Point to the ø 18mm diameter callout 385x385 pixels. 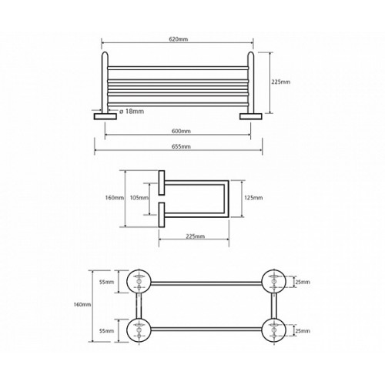click(x=132, y=112)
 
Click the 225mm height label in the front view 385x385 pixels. click(x=281, y=82)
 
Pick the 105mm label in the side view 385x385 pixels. click(x=139, y=198)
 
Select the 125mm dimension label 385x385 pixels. click(x=253, y=198)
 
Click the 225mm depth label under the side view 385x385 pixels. click(x=196, y=236)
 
